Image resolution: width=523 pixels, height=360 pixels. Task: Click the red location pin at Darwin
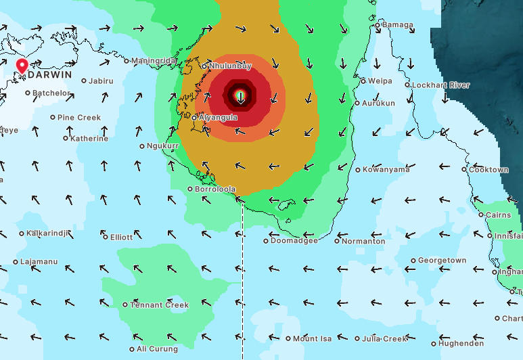tap(22, 66)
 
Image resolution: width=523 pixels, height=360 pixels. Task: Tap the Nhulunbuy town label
tap(229, 66)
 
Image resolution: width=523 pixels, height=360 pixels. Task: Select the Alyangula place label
tap(218, 117)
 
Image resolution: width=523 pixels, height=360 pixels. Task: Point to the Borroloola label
tap(214, 189)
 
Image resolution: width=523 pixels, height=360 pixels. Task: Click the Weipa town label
tap(380, 81)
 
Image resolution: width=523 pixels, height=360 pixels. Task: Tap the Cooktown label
tap(488, 169)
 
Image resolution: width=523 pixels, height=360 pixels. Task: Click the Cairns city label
tap(499, 215)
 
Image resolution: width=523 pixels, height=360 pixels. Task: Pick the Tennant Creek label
tap(159, 305)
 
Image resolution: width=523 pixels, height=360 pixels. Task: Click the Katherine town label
tap(89, 139)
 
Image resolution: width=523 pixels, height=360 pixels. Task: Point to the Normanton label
tap(363, 241)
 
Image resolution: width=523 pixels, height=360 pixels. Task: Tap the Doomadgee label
tap(294, 241)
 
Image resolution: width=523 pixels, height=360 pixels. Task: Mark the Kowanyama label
tap(386, 169)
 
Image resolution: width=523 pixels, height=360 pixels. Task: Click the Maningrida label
tap(154, 61)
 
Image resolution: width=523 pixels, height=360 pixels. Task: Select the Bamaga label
tap(397, 25)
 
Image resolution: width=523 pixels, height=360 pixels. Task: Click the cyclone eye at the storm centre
tap(240, 96)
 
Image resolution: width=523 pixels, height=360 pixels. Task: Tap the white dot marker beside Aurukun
tap(357, 104)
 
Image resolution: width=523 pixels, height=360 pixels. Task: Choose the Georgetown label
tap(442, 261)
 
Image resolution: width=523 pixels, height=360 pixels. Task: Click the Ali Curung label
tap(157, 349)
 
